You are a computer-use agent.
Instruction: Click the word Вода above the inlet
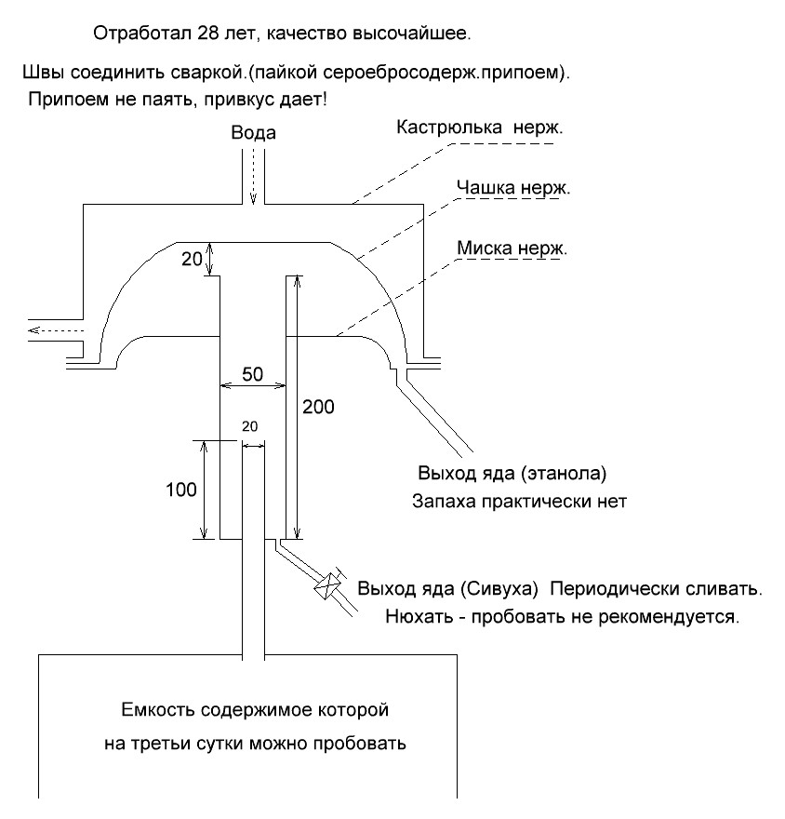(x=253, y=134)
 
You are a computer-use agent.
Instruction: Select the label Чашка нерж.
(x=513, y=188)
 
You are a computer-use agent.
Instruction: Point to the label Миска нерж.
(x=512, y=248)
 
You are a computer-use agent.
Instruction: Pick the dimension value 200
(x=318, y=407)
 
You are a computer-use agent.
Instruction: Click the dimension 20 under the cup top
(x=191, y=260)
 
